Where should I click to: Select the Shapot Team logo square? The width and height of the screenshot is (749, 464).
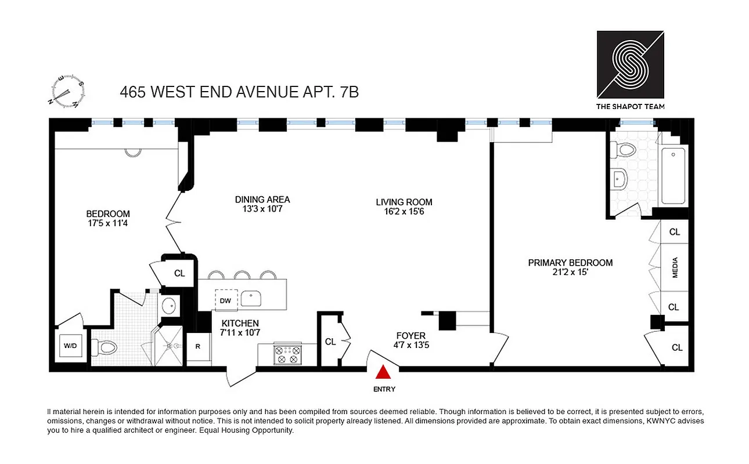pos(631,64)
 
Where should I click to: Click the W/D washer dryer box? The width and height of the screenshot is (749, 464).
pos(70,346)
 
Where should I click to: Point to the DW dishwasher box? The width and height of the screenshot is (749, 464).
pos(225,300)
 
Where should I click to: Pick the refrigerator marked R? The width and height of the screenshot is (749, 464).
pos(198,347)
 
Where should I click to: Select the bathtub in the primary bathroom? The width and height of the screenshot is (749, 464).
pos(673,176)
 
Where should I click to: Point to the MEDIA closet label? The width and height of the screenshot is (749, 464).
pos(675,268)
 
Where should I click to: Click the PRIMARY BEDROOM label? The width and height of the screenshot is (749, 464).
pos(570,263)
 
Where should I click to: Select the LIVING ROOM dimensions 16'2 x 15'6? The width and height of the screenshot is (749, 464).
pos(404,212)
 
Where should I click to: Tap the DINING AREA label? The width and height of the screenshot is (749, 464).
pos(262,200)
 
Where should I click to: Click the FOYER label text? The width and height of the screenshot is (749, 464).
pos(410,335)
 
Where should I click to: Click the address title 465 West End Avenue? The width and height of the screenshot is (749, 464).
pos(239,92)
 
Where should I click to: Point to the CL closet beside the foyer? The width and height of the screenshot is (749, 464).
pos(330,342)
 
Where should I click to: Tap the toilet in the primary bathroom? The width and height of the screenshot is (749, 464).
pos(626,150)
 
